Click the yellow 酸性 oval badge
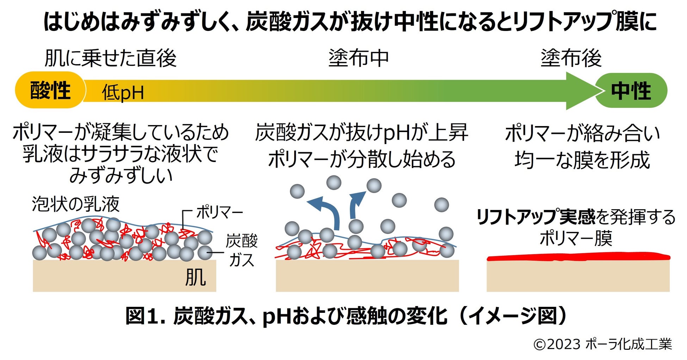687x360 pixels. coord(50,90)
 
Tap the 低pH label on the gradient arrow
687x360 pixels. coord(123,93)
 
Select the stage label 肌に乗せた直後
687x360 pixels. coord(110,58)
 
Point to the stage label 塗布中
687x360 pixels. coord(358,58)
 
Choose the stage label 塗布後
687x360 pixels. coord(571,58)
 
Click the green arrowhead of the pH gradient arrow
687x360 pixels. coord(581,91)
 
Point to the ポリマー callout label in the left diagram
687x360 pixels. coord(219,213)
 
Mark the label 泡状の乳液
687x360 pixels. coord(76,204)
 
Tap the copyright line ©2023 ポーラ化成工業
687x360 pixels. coord(602,344)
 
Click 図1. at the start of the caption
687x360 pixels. coord(145,316)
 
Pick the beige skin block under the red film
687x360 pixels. coord(578,277)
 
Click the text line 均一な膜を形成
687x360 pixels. coord(582,160)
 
